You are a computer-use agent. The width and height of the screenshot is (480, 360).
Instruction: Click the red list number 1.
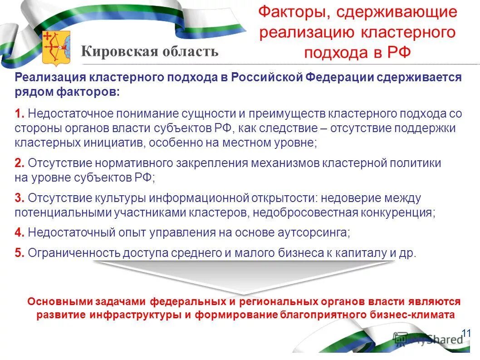click(x=19, y=113)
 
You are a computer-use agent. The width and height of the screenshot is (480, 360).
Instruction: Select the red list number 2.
click(x=19, y=163)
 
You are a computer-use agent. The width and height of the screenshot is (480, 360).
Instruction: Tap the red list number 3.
click(x=19, y=198)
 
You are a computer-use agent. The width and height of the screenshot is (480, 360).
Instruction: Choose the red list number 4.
click(x=19, y=232)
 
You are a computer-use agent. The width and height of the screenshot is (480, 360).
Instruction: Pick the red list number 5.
click(x=19, y=253)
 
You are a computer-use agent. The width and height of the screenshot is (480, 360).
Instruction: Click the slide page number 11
click(x=466, y=334)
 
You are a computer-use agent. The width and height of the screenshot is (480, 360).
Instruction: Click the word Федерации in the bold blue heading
click(x=343, y=77)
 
